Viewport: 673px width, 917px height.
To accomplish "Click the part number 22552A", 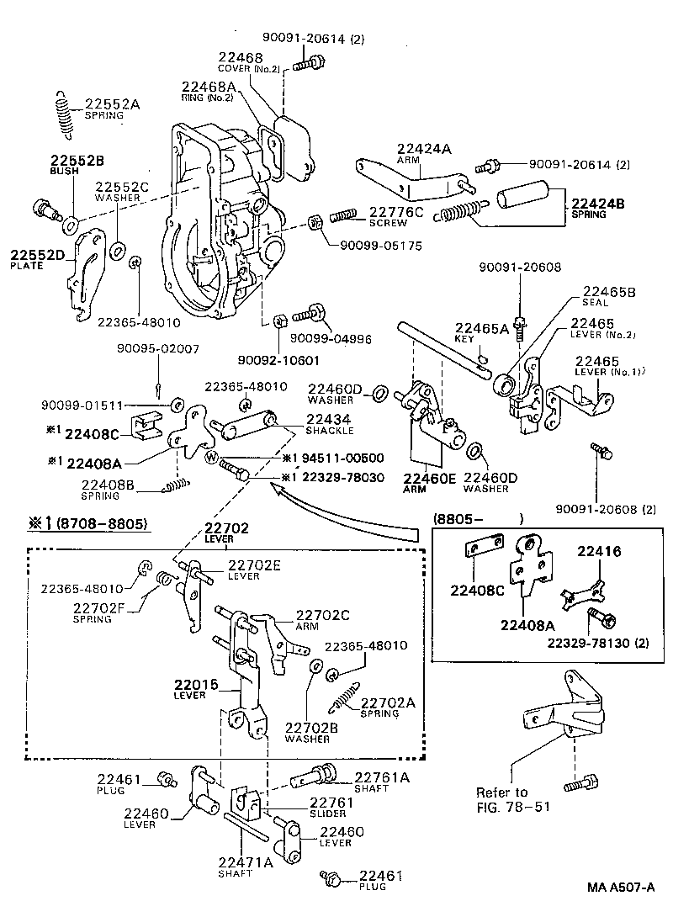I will (112, 104).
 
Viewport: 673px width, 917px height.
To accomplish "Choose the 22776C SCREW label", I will (395, 217).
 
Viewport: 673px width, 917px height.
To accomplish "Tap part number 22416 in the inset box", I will (598, 552).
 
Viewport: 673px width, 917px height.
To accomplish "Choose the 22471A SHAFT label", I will (246, 867).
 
